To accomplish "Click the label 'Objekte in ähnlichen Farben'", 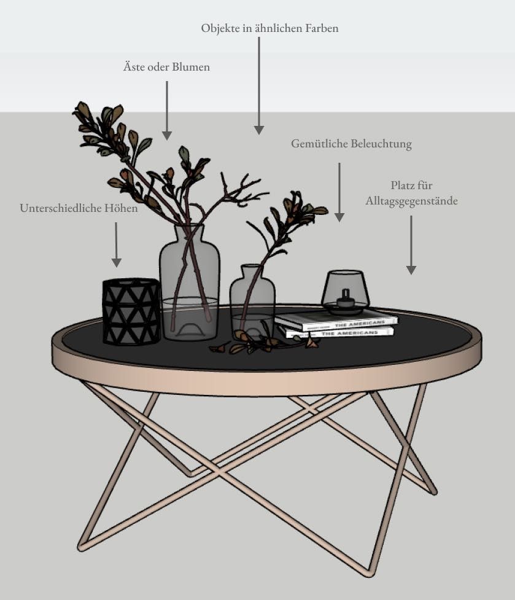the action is pyautogui.click(x=269, y=28).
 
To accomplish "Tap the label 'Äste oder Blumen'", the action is pyautogui.click(x=166, y=66).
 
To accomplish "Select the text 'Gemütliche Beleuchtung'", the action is pyautogui.click(x=351, y=144).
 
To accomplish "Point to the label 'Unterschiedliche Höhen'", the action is pyautogui.click(x=79, y=208).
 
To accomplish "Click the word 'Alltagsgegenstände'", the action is pyautogui.click(x=411, y=201).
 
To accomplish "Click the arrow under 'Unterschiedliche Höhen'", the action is pyautogui.click(x=116, y=245).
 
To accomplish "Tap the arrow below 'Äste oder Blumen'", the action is pyautogui.click(x=167, y=111).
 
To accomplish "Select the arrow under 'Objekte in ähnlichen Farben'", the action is pyautogui.click(x=259, y=86).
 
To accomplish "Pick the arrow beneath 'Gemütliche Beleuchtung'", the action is pyautogui.click(x=339, y=192).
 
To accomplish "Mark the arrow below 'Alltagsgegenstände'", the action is pyautogui.click(x=411, y=245).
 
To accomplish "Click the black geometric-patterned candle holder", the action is pyautogui.click(x=131, y=311).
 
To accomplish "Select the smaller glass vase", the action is pyautogui.click(x=252, y=302).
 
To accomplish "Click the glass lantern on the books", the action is pyautogui.click(x=345, y=292).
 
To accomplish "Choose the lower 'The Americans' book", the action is pyautogui.click(x=339, y=332).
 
